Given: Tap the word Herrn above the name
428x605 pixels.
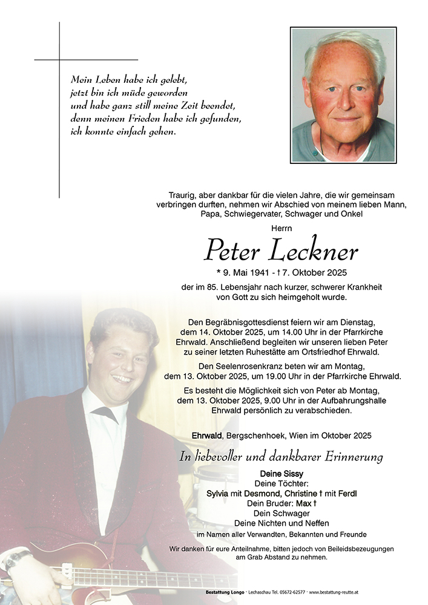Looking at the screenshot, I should click(x=281, y=228).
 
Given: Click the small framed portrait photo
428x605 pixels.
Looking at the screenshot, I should click(x=343, y=95).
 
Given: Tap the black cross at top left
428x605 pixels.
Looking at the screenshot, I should click(x=59, y=60).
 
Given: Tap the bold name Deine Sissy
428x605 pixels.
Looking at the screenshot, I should click(x=281, y=473).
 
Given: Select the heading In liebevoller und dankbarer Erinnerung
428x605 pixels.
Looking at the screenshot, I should click(x=281, y=457).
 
